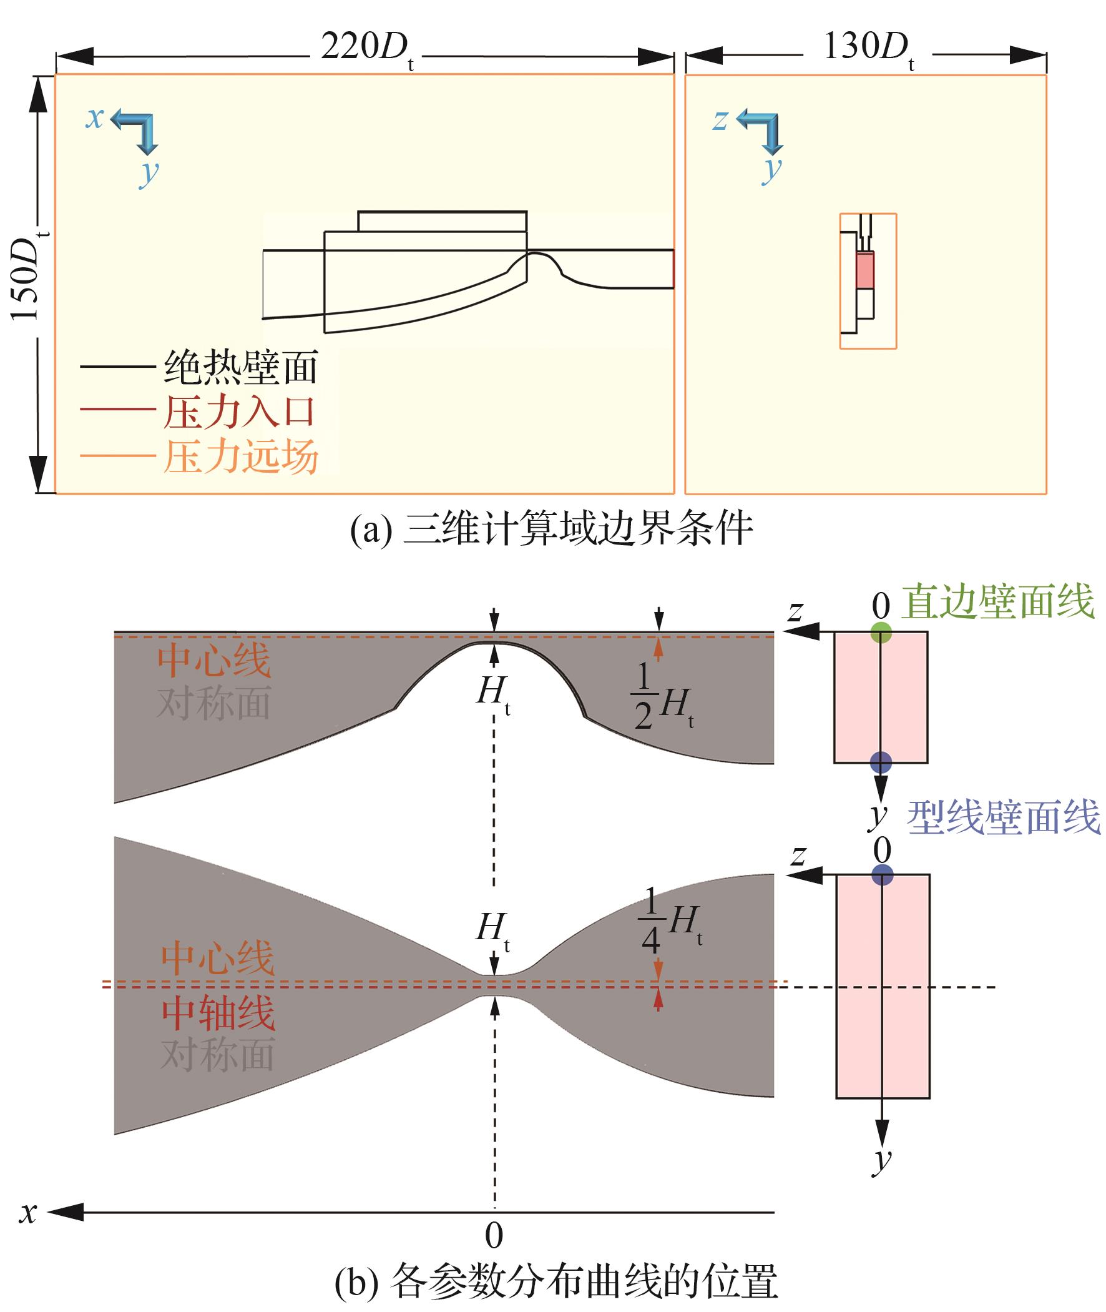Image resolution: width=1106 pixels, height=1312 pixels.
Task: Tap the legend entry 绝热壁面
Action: click(241, 368)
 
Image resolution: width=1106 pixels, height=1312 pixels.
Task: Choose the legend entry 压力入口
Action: click(238, 412)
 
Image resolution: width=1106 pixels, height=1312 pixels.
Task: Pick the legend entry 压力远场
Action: click(241, 456)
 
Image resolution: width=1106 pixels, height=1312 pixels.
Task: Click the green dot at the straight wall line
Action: click(881, 632)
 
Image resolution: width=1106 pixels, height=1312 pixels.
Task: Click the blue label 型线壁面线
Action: click(1003, 818)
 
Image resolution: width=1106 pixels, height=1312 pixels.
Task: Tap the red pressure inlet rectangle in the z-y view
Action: click(865, 270)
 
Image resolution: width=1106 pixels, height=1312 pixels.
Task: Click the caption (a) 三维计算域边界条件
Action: click(552, 529)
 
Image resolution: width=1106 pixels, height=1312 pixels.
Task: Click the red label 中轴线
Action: click(218, 1014)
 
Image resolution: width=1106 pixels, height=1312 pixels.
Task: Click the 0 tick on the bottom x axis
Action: click(494, 1235)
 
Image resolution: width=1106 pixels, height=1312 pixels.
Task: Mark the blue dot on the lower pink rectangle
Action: click(882, 874)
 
